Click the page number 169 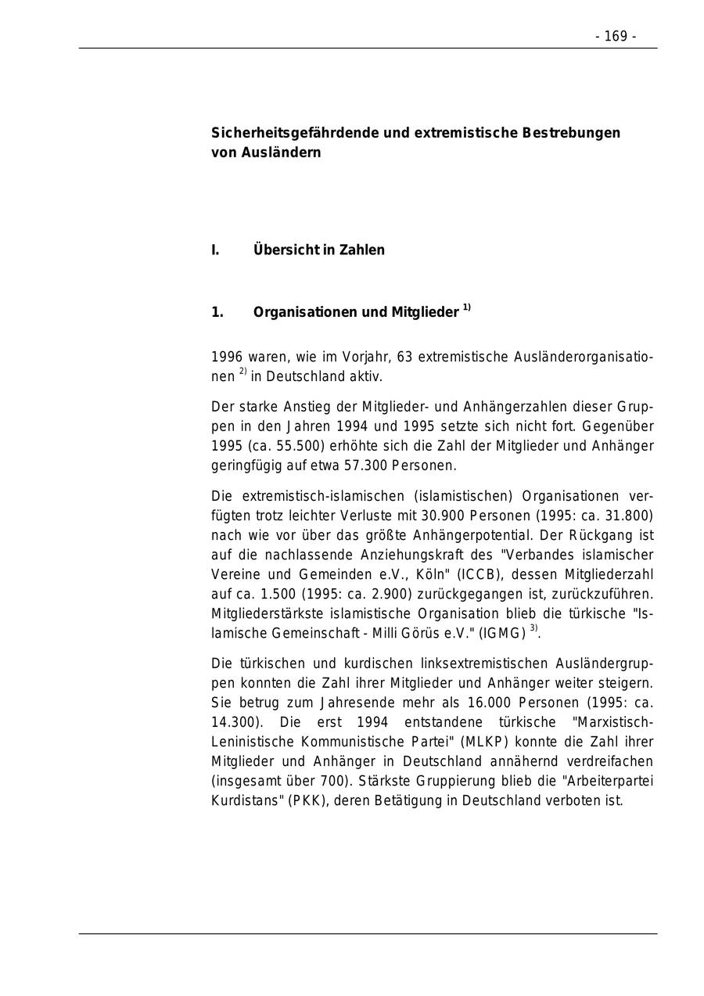point(616,37)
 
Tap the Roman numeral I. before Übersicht point(215,250)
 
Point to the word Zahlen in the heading point(362,250)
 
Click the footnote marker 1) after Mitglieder point(466,307)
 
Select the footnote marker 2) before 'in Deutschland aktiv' point(242,372)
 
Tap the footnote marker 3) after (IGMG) point(533,627)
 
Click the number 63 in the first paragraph point(404,358)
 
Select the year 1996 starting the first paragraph point(227,358)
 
